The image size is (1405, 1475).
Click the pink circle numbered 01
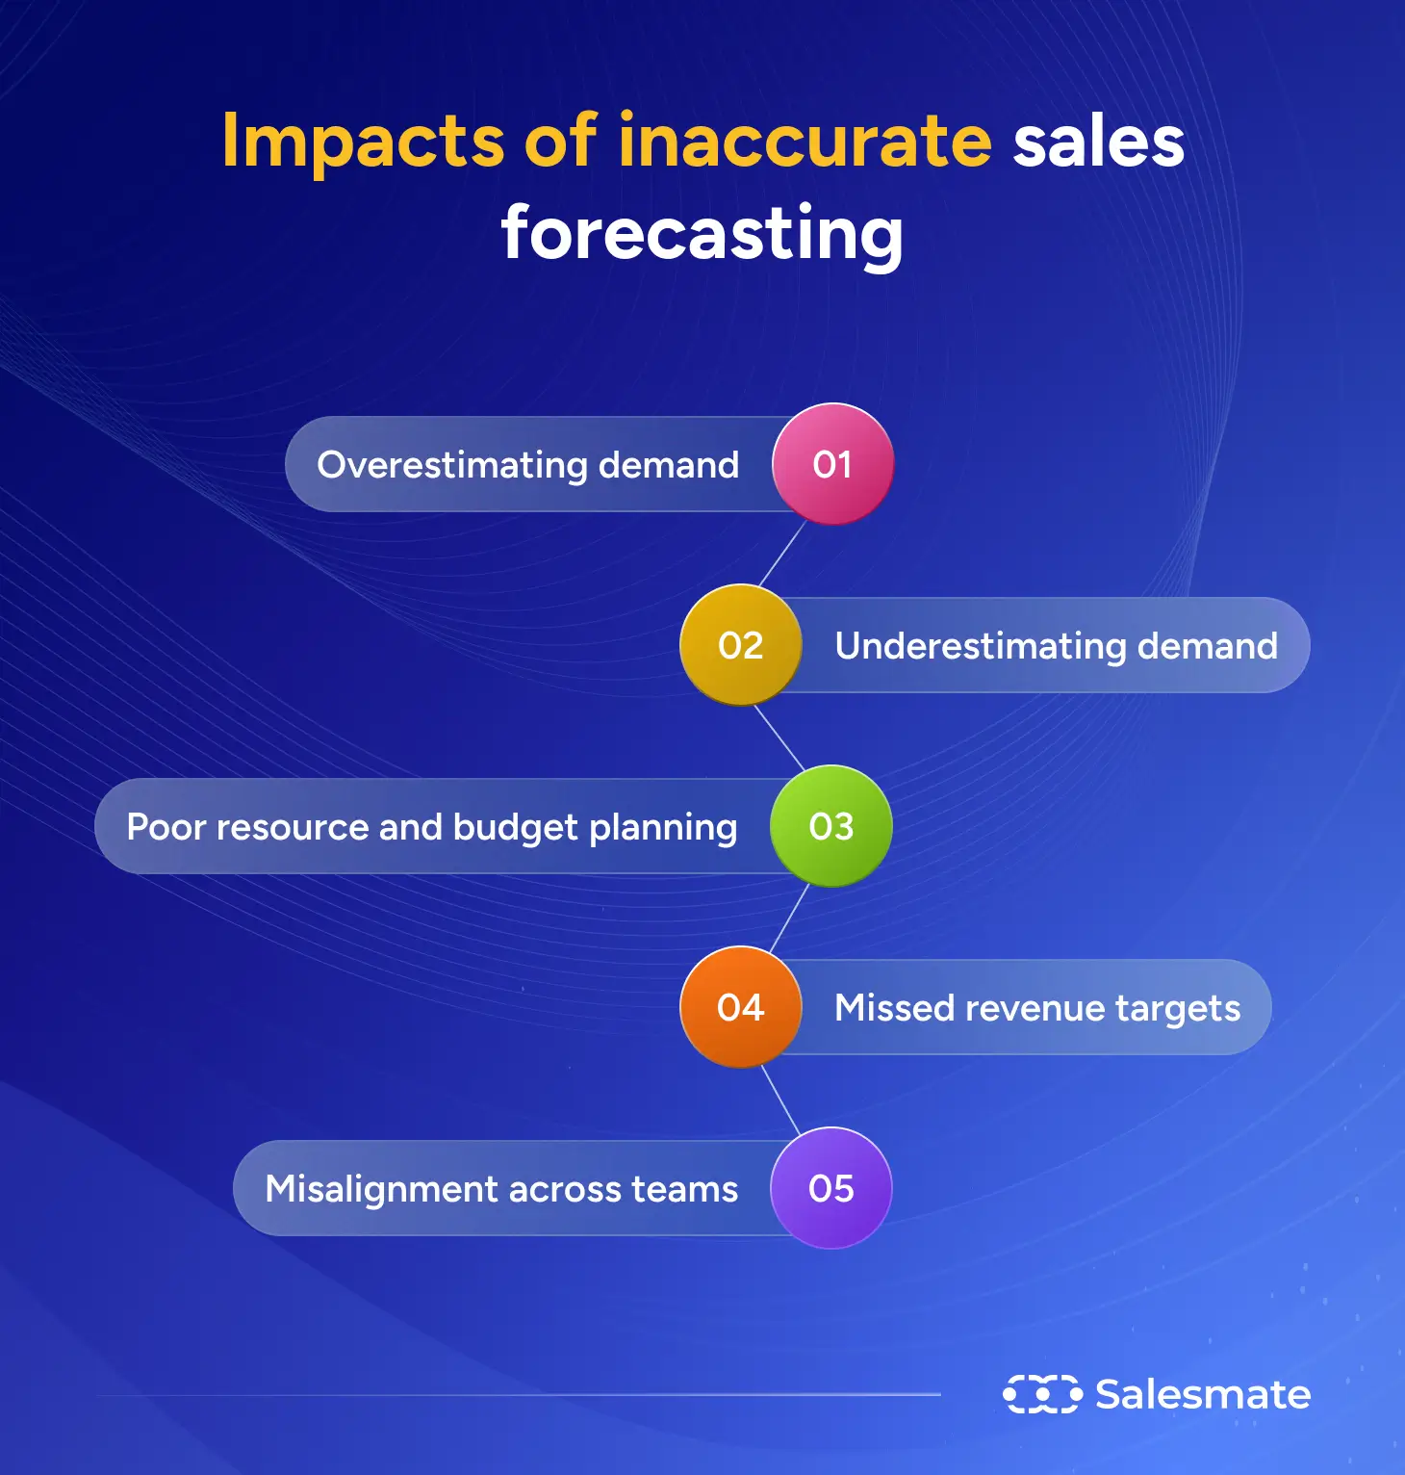[x=832, y=464]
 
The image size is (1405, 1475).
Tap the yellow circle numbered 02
[x=740, y=645]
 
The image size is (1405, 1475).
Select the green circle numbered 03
[x=831, y=826]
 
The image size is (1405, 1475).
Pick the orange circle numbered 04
[x=740, y=1007]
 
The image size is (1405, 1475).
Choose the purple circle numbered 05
[x=831, y=1188]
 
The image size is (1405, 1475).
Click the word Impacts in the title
[x=363, y=142]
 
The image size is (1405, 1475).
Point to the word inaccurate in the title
[x=805, y=141]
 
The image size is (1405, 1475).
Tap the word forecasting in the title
[x=702, y=234]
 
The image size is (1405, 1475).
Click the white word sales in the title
[x=1098, y=142]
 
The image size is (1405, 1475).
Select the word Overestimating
[x=452, y=465]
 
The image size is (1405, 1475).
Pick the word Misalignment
[x=382, y=1190]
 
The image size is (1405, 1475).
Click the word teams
[x=684, y=1190]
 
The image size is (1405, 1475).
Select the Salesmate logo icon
[x=1041, y=1394]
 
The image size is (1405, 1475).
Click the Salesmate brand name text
[x=1203, y=1394]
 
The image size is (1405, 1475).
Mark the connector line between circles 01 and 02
[x=783, y=555]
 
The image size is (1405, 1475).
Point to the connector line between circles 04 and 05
[x=781, y=1100]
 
